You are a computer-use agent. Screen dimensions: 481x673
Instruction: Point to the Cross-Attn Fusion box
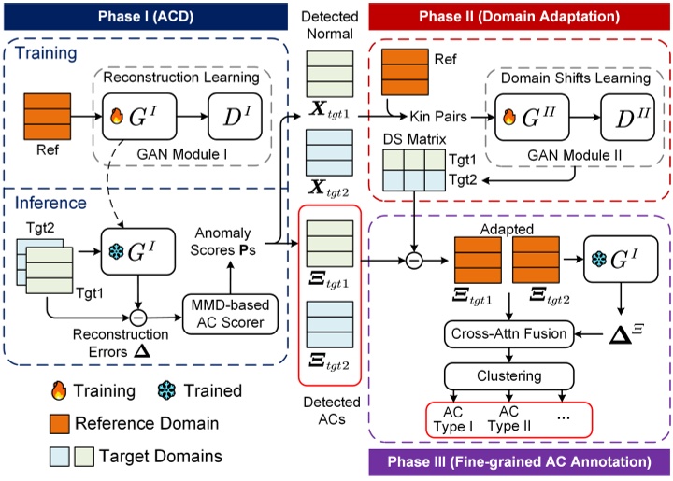point(509,332)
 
